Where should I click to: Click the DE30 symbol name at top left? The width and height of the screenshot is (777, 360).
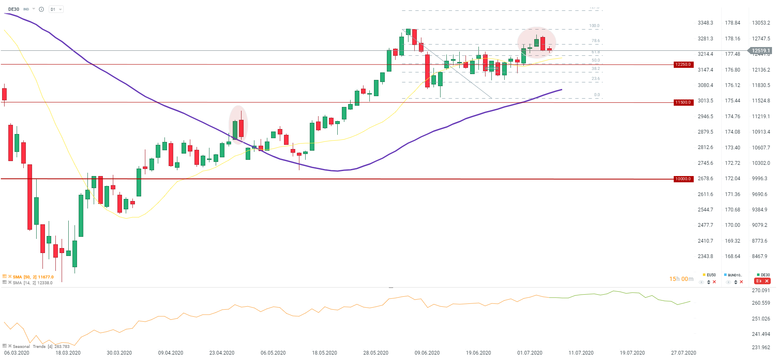(x=14, y=9)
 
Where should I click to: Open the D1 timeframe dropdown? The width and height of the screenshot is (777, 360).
(x=56, y=9)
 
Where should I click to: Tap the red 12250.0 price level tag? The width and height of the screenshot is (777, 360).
(x=683, y=65)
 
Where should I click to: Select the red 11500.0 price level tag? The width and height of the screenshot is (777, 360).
(x=683, y=102)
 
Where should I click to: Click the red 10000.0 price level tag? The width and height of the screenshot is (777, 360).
(x=683, y=179)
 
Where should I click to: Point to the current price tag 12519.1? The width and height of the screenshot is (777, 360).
(x=760, y=51)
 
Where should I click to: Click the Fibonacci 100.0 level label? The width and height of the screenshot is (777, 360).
(x=594, y=26)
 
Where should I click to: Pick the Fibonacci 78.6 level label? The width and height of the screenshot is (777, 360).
(x=595, y=41)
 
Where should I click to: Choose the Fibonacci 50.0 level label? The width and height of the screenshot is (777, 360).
(x=595, y=60)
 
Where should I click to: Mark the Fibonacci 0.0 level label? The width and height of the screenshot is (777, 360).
(x=597, y=95)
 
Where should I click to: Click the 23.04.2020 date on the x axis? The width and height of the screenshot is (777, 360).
(x=222, y=353)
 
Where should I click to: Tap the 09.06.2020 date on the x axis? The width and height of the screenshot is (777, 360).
(x=427, y=353)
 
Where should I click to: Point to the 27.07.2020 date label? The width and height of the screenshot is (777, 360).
(x=683, y=353)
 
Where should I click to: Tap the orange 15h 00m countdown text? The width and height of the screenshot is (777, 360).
(x=681, y=279)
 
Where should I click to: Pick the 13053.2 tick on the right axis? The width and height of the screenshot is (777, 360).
(x=761, y=23)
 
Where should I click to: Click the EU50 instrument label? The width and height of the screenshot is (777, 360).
(x=711, y=275)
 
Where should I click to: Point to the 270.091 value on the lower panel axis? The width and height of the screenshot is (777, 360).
(x=761, y=290)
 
